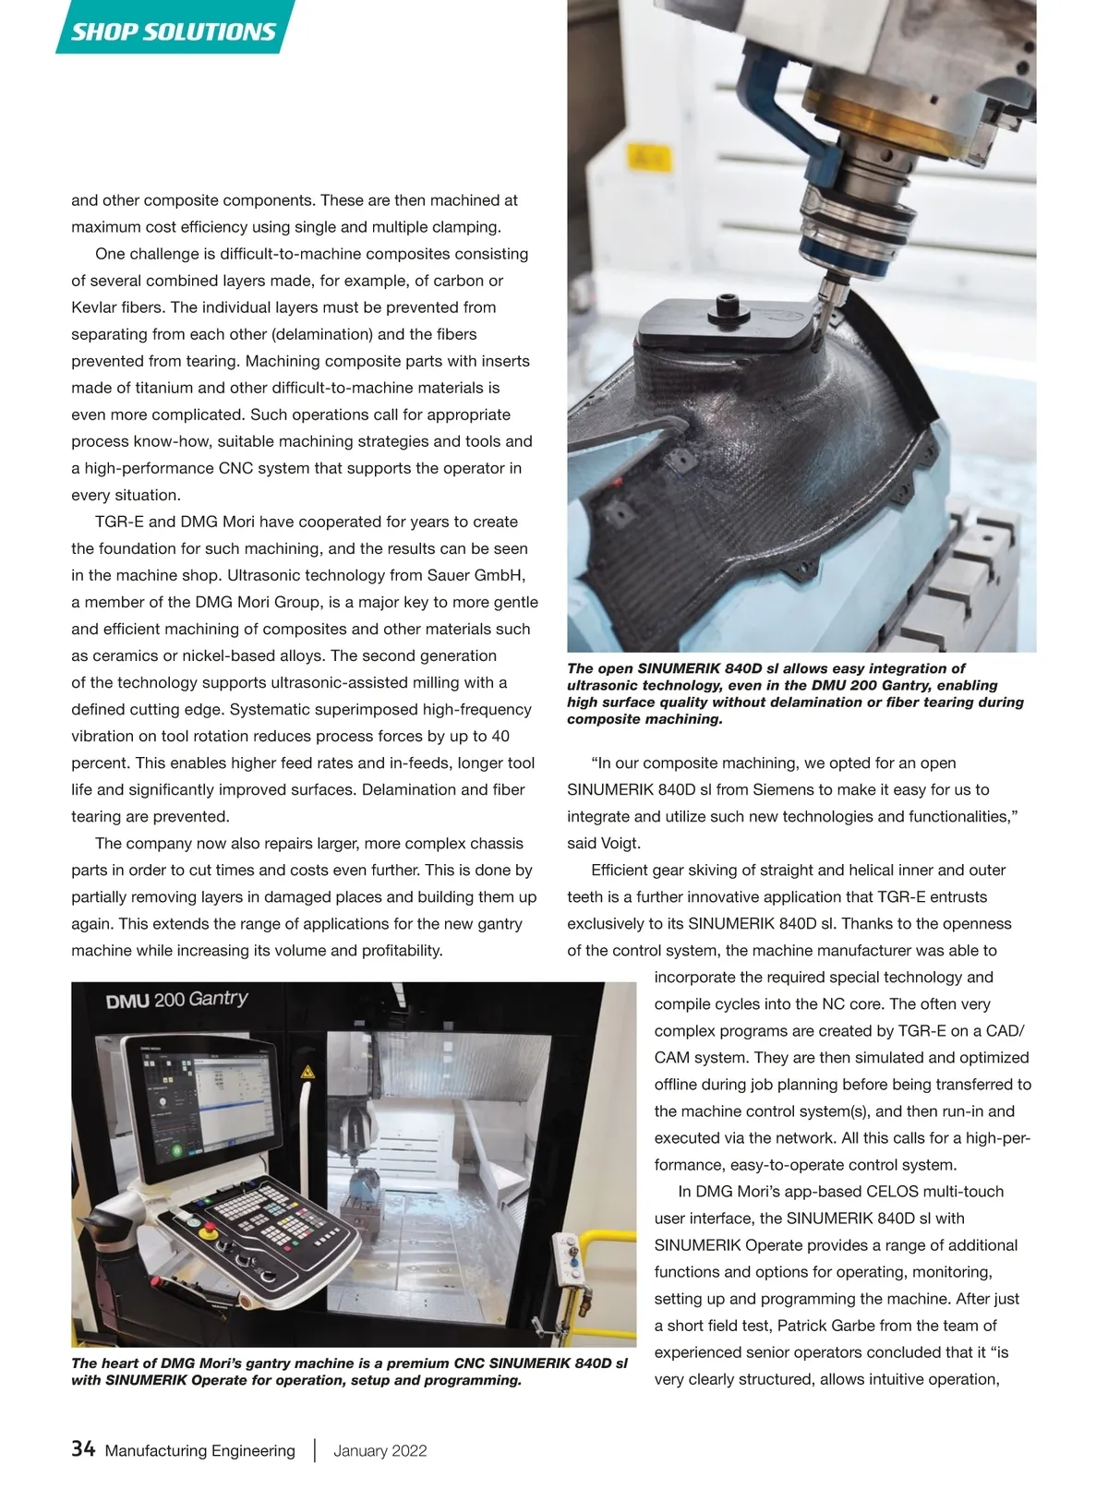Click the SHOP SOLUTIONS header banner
coord(174,31)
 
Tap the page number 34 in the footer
coord(83,1449)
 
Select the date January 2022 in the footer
coord(380,1450)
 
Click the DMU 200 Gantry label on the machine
coord(177,1000)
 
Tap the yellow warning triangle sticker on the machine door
coord(307,1072)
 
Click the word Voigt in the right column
coord(620,843)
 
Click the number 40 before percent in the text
coord(500,737)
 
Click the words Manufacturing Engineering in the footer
coord(200,1450)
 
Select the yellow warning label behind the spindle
coord(650,160)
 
